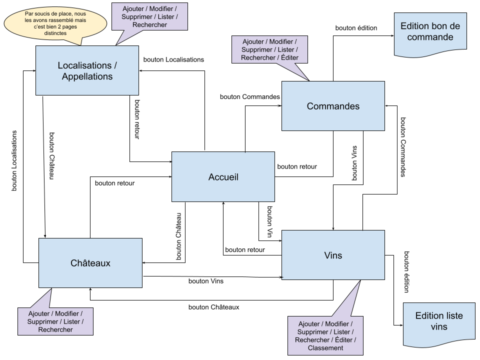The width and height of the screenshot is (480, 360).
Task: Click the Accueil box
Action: tap(223, 176)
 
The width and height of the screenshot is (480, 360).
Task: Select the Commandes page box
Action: tap(333, 106)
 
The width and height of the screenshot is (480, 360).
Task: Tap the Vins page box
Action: tap(333, 255)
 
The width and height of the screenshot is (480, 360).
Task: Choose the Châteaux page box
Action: tap(90, 263)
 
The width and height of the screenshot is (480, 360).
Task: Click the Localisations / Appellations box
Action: tap(87, 70)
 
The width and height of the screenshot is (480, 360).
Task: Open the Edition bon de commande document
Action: tap(430, 34)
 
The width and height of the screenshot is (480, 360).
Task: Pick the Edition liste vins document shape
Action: tap(439, 325)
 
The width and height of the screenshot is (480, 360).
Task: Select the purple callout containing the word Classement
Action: tap(325, 335)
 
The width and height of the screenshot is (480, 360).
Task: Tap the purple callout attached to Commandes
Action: tap(269, 49)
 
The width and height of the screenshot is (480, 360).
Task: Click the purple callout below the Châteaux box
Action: tap(55, 321)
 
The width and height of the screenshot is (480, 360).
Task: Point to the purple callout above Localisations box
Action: tap(149, 16)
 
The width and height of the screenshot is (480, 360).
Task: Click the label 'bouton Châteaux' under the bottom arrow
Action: tap(213, 307)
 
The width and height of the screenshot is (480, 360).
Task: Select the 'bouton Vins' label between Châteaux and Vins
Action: tap(205, 281)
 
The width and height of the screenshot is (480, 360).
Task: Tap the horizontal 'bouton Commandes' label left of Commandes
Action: tap(250, 96)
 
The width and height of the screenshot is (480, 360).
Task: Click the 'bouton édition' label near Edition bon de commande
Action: tap(356, 28)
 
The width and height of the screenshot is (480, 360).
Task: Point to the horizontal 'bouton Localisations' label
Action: tap(173, 59)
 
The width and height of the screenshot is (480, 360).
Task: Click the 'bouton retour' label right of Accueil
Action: tap(297, 166)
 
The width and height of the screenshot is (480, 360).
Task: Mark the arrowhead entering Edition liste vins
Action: tap(401, 325)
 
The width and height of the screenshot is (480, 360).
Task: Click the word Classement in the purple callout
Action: tap(325, 348)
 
